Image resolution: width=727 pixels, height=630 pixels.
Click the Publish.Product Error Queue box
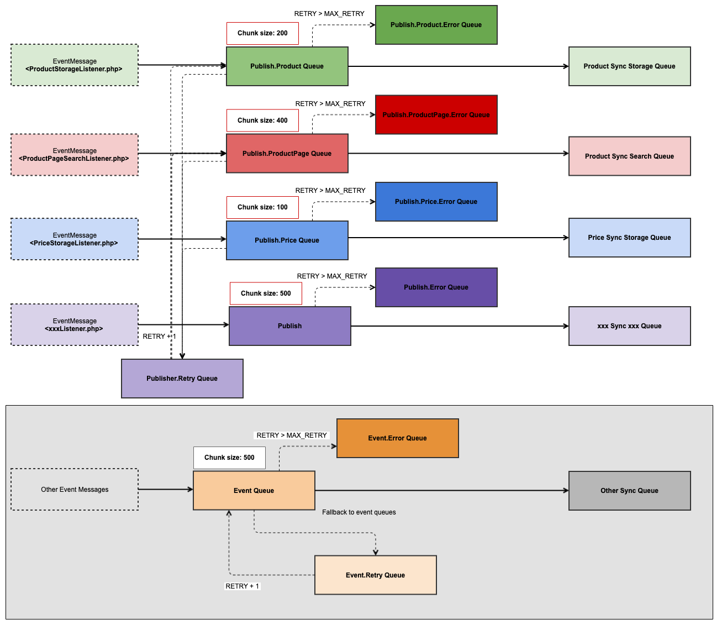click(x=436, y=25)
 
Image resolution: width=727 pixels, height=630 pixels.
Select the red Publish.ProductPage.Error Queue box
click(x=436, y=115)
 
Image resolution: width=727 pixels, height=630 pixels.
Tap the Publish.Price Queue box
click(x=287, y=240)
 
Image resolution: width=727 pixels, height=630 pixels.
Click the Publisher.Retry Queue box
click(x=182, y=379)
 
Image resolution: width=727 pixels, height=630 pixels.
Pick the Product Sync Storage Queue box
click(x=629, y=66)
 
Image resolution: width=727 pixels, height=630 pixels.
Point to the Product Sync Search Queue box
click(x=629, y=156)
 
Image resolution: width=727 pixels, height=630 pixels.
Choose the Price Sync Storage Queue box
click(x=629, y=238)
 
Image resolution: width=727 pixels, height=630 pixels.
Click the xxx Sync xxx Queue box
click(x=629, y=326)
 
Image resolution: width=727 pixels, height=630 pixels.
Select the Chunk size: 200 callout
click(x=262, y=33)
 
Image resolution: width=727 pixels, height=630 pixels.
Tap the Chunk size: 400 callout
click(x=262, y=120)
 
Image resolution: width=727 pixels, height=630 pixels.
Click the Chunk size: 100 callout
click(x=262, y=207)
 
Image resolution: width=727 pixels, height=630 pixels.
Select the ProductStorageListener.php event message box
click(x=75, y=65)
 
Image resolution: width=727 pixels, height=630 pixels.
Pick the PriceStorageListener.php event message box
click(x=75, y=239)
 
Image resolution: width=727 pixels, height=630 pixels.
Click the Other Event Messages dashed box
click(x=75, y=490)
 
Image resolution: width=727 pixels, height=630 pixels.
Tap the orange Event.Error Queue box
click(x=397, y=438)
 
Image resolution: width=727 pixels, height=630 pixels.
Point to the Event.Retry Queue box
click(x=375, y=575)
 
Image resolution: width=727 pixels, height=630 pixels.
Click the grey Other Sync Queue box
click(x=629, y=491)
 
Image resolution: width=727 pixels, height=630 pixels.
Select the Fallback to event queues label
click(x=359, y=512)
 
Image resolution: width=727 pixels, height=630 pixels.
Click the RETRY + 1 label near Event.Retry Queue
click(x=242, y=586)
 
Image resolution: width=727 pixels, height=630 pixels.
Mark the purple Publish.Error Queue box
click(x=436, y=287)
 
